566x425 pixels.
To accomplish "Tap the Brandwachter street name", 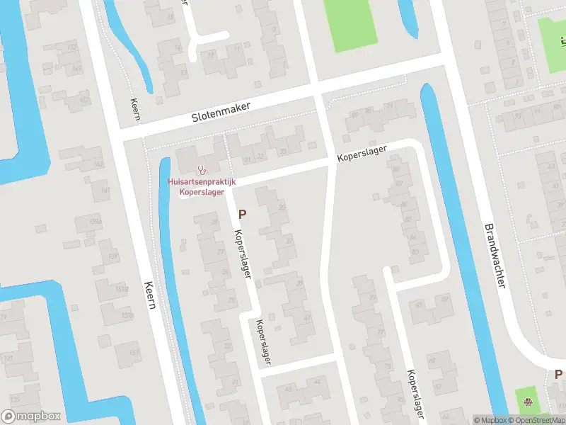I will click(x=495, y=256).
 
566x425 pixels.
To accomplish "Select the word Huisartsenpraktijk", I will click(x=202, y=182).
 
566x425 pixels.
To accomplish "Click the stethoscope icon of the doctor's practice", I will click(x=202, y=170).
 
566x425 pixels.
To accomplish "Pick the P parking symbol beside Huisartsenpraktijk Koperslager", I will click(x=242, y=213).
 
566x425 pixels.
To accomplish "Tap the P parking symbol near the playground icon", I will click(x=558, y=375).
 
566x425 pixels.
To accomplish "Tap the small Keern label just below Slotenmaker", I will click(x=135, y=110).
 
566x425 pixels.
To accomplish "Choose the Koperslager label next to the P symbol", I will click(x=242, y=254).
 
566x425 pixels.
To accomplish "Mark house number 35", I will click(x=282, y=208).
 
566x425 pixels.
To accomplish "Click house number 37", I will click(x=289, y=241).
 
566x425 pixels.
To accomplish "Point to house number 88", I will click(x=396, y=170).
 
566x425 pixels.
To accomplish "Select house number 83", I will click(x=415, y=251).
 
